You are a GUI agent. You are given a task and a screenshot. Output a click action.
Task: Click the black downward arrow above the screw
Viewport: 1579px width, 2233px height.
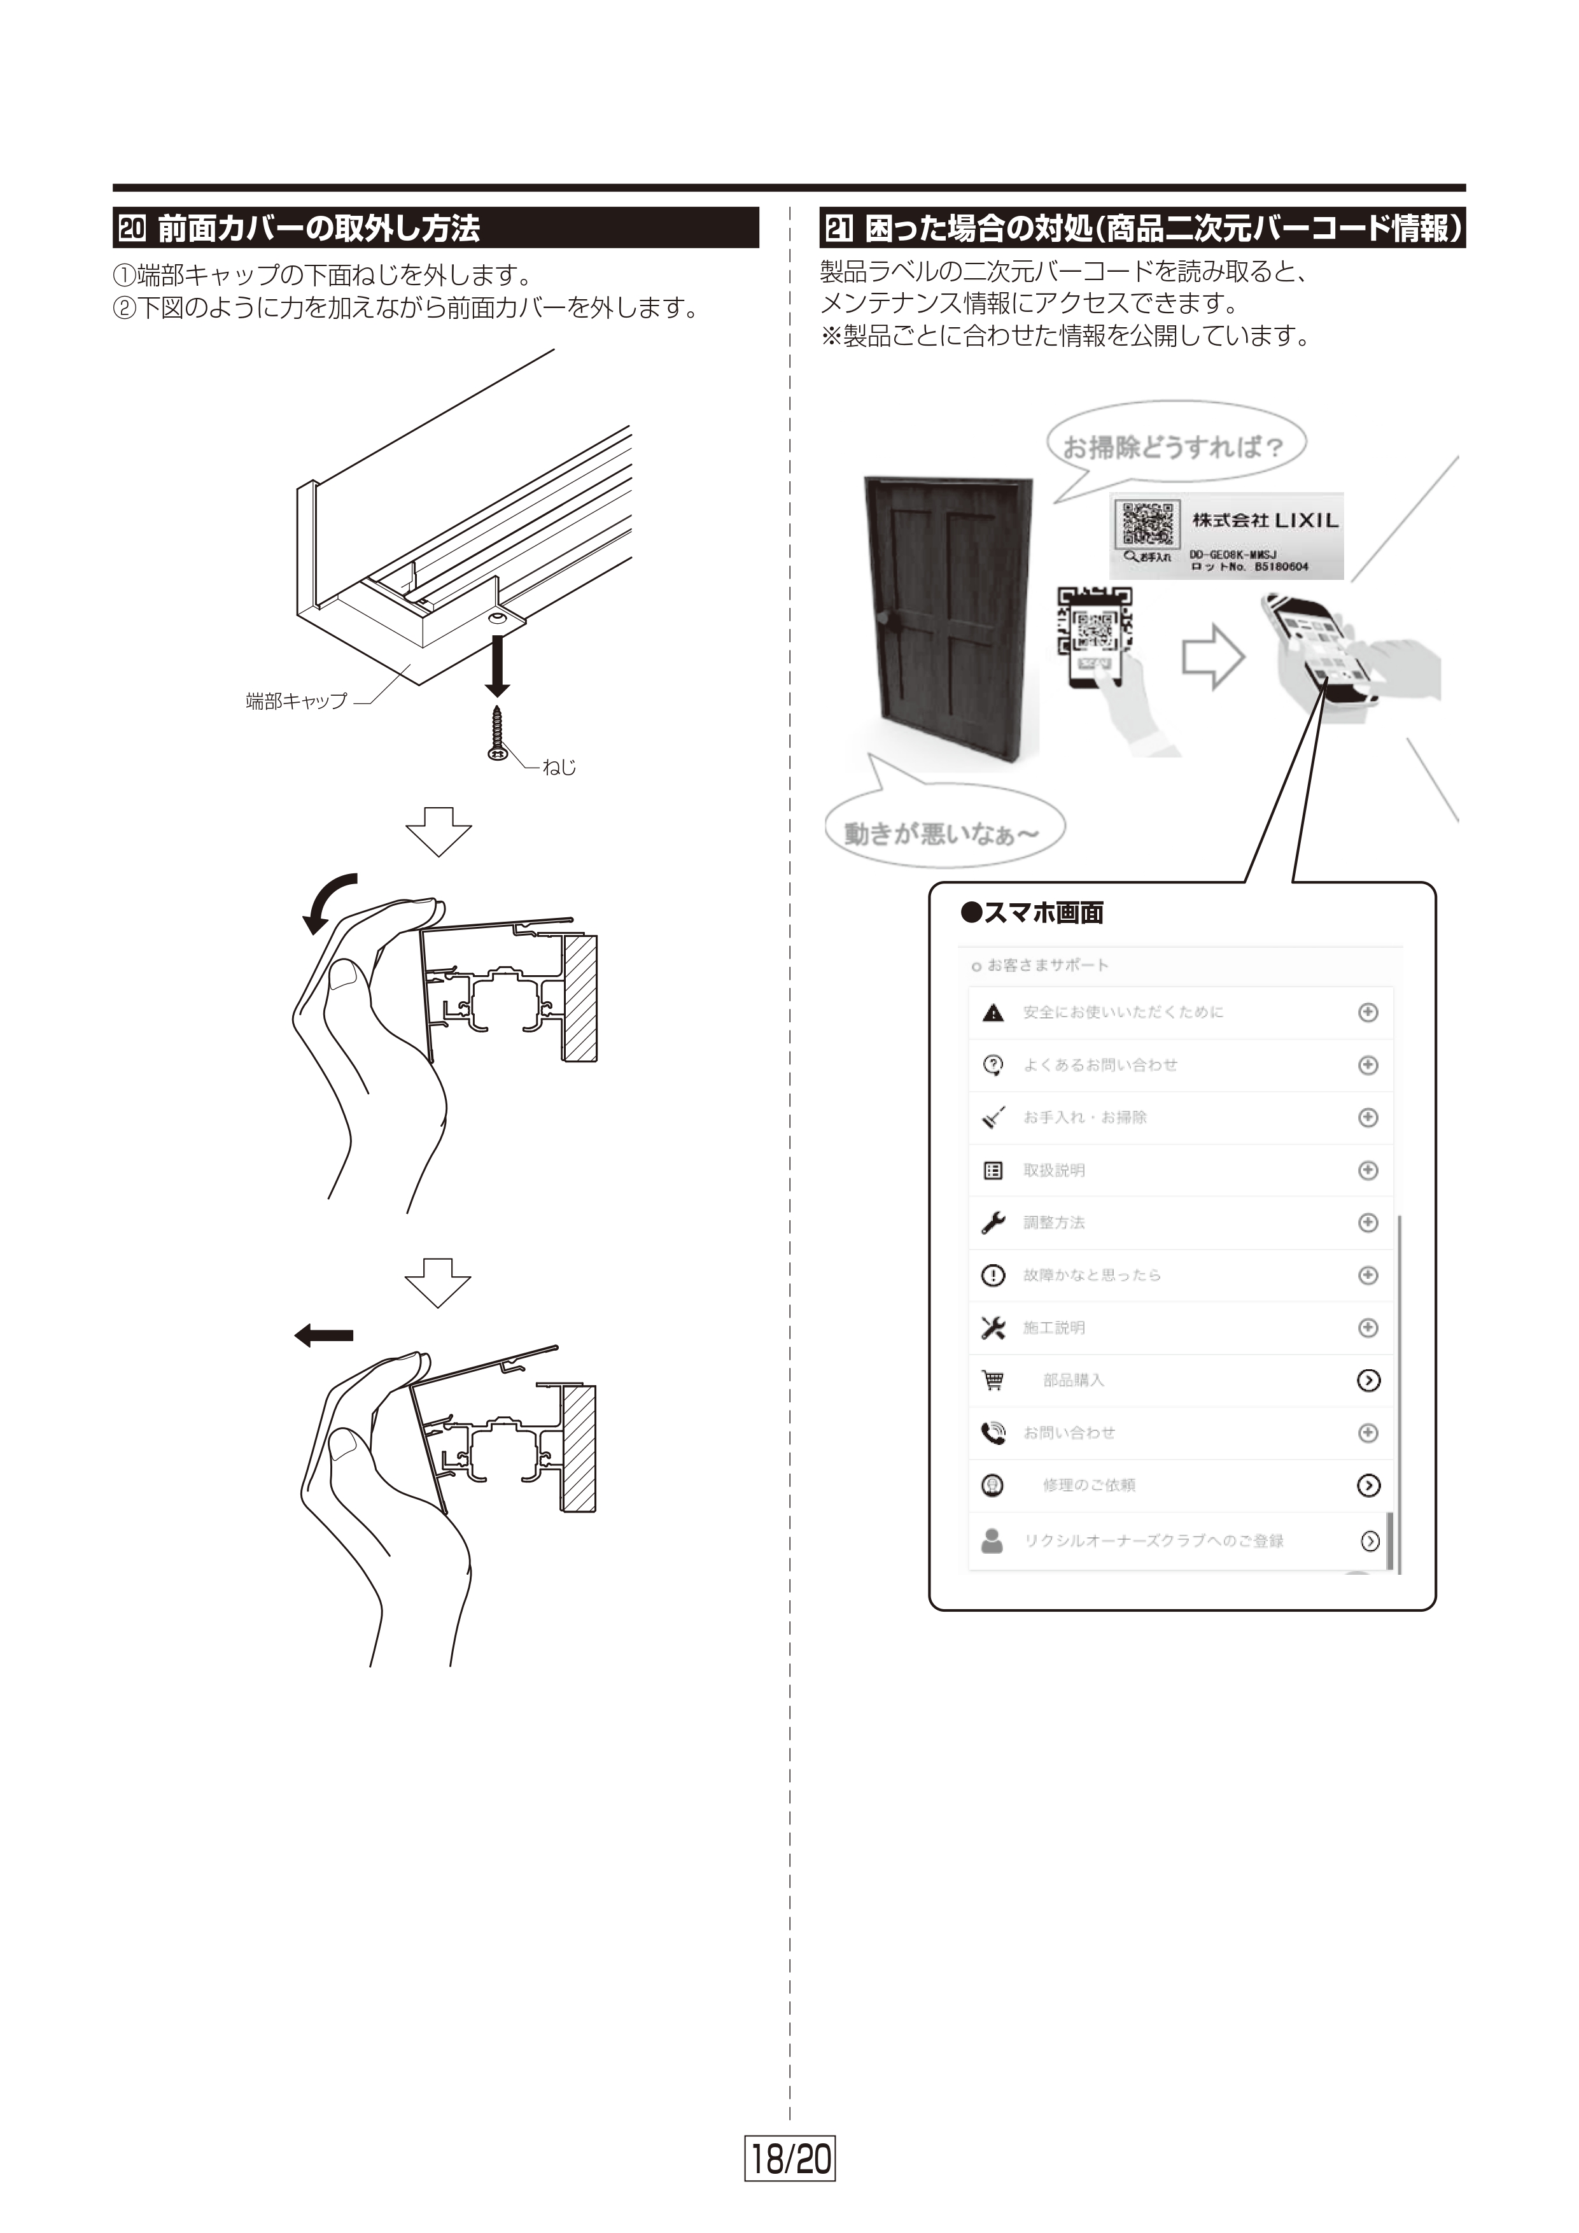click(498, 666)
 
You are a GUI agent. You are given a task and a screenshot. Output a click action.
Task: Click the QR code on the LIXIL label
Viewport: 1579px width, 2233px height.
click(1147, 523)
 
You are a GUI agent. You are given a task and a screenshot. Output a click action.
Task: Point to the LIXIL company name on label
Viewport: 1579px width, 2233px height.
click(1265, 520)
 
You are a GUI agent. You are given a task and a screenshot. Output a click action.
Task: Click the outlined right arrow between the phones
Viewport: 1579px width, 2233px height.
click(1212, 658)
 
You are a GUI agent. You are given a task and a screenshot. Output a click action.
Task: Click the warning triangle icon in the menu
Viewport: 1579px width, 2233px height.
click(993, 1013)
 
